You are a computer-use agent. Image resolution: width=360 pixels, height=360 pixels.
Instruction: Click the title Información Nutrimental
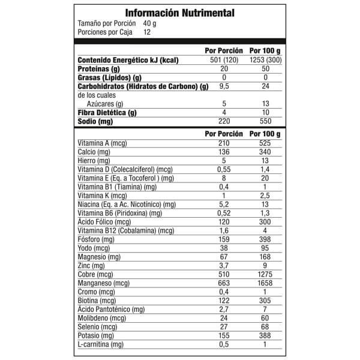coord(180,13)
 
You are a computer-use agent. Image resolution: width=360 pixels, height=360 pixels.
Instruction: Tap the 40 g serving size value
coord(151,23)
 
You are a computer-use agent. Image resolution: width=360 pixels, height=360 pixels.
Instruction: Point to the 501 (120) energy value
coord(224,60)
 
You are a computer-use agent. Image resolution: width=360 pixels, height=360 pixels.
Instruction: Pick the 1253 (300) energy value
coord(265,60)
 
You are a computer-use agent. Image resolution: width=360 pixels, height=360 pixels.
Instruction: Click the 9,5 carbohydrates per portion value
coord(224,86)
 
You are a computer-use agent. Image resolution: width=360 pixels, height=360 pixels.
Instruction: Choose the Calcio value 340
coord(265,152)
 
